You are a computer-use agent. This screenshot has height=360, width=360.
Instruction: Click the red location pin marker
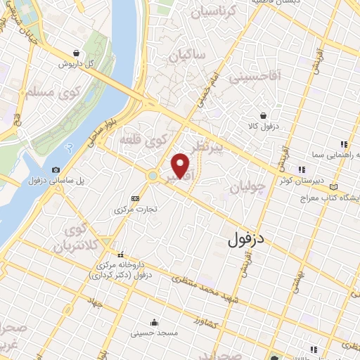[x=181, y=165]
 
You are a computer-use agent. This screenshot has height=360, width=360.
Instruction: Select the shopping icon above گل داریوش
[x=76, y=52]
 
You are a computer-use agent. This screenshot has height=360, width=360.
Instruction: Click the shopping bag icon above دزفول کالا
[x=263, y=115]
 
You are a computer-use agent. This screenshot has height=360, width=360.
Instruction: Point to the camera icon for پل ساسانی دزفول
[x=56, y=169]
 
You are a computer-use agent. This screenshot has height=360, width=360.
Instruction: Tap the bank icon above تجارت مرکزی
[x=135, y=199]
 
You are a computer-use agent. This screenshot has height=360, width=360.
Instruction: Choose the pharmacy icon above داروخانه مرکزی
[x=120, y=255]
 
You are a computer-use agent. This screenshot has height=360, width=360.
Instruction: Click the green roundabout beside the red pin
[x=153, y=175]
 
